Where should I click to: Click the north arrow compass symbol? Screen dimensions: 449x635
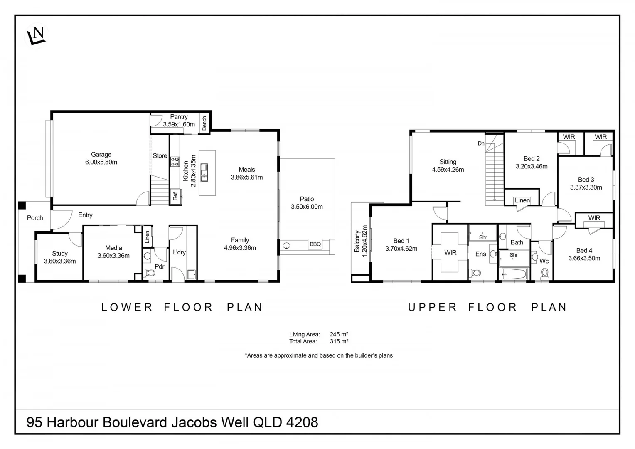36,35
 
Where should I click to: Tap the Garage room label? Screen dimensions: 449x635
101,155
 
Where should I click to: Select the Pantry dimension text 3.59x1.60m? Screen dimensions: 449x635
179,124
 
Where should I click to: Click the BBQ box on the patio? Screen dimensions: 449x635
315,244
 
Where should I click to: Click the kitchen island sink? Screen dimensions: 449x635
204,172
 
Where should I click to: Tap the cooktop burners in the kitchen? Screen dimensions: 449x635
175,161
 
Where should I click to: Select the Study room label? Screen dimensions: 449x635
60,253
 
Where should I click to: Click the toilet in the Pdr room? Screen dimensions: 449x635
150,273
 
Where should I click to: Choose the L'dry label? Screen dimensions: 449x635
179,252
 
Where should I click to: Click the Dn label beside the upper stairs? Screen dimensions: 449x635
481,143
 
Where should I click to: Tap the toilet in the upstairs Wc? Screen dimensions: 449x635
544,274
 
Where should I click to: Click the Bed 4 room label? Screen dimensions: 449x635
584,250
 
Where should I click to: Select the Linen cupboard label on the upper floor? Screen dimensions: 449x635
522,200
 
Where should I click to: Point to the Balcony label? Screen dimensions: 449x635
357,241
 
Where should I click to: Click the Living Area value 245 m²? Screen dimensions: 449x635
339,334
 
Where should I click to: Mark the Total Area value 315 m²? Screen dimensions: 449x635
339,341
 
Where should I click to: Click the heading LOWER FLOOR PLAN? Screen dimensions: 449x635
182,307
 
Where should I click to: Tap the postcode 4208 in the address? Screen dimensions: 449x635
302,422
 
